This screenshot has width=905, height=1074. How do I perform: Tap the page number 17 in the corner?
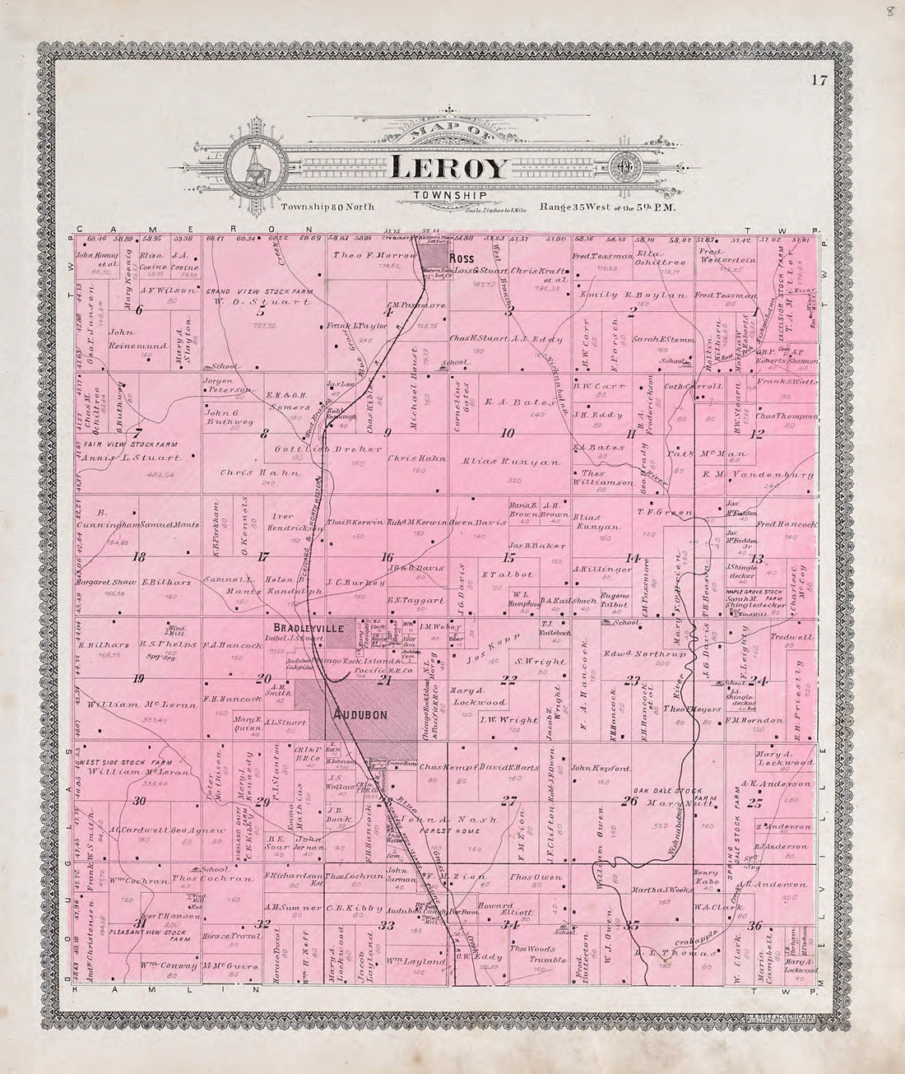[x=816, y=80]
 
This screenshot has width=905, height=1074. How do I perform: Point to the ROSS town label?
[x=458, y=256]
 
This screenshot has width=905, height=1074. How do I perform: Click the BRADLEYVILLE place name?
[x=309, y=627]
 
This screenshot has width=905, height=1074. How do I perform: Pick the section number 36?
[x=754, y=926]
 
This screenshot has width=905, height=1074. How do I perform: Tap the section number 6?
[x=139, y=309]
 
